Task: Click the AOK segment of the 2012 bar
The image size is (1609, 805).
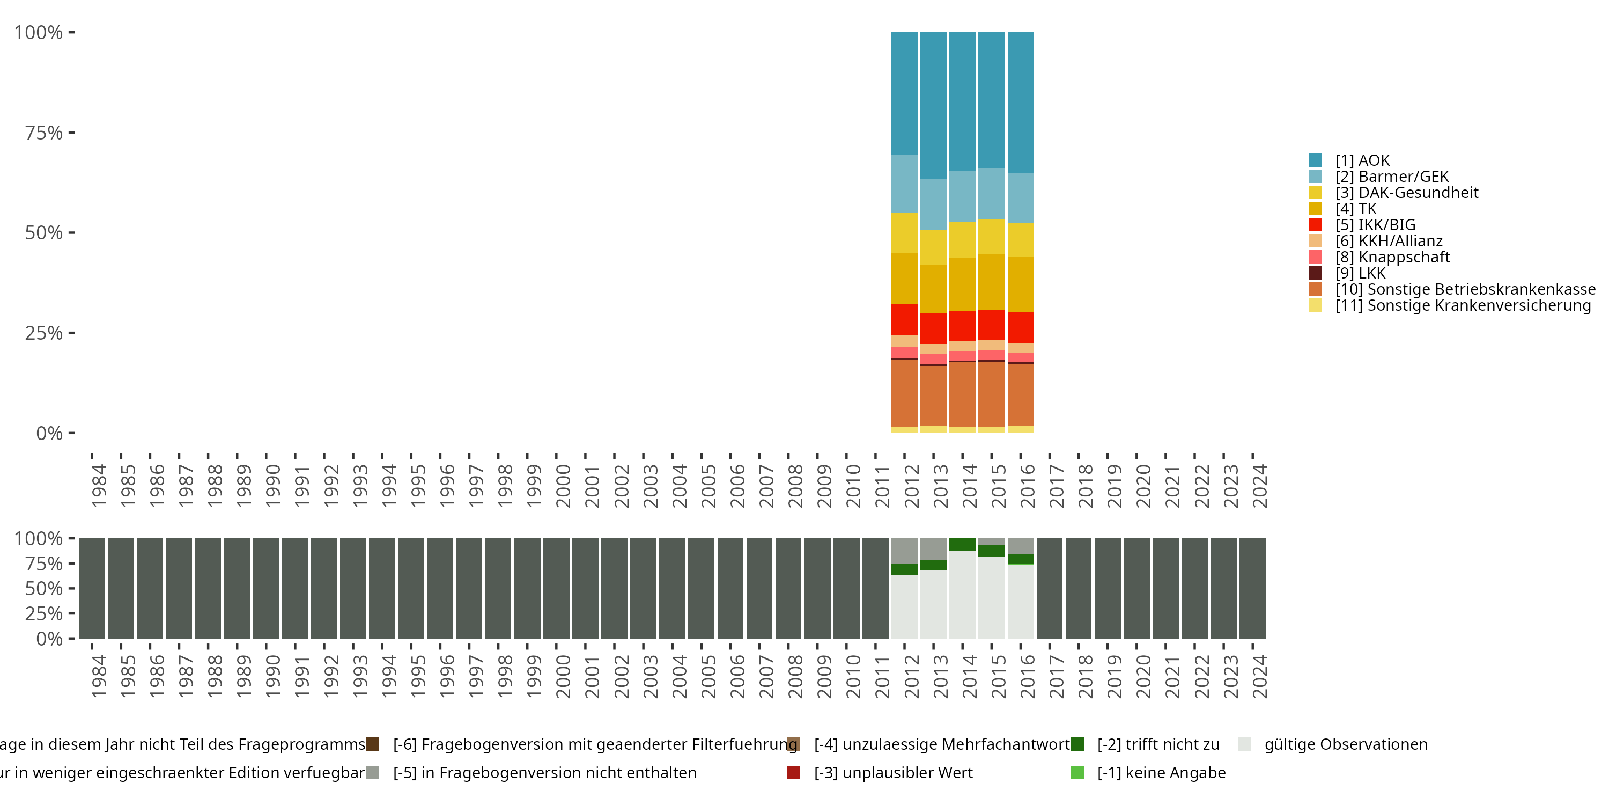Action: [904, 94]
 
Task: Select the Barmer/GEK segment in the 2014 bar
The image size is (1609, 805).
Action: [962, 196]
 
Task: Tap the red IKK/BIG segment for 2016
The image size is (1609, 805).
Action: [1020, 327]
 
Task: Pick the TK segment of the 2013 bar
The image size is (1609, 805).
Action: [933, 289]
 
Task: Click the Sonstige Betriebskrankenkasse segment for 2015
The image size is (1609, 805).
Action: [991, 394]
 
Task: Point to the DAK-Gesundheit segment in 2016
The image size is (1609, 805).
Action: [1020, 239]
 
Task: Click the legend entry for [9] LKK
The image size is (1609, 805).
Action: [1360, 273]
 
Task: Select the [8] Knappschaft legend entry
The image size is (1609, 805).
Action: [1392, 257]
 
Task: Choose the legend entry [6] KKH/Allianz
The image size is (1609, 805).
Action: [1389, 240]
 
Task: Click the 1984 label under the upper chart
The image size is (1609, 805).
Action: [99, 486]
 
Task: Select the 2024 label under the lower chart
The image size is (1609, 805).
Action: [1260, 676]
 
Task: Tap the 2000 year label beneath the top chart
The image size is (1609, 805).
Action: [563, 486]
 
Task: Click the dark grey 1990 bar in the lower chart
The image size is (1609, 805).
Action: [266, 588]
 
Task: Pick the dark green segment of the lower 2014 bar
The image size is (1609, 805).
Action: [962, 544]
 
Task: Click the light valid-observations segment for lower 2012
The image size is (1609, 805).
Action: [904, 606]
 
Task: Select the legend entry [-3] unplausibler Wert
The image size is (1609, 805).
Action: [892, 772]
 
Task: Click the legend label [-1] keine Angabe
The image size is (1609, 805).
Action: [1161, 772]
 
